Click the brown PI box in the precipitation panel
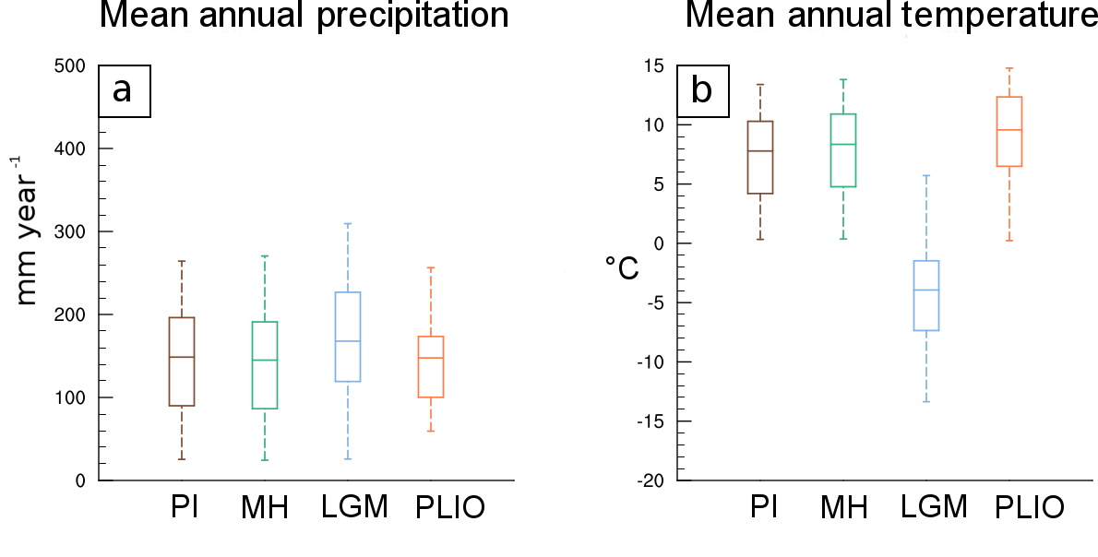[182, 361]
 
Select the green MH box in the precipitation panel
[265, 364]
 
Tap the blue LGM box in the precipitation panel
[348, 337]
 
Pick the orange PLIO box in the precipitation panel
[431, 367]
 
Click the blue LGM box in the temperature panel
[926, 295]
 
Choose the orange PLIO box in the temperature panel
[1009, 132]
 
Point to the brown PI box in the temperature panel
[760, 157]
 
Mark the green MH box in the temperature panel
[843, 150]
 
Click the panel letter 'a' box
[125, 90]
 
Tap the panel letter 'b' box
[704, 90]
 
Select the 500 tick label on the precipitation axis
[70, 65]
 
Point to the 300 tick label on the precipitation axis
[70, 231]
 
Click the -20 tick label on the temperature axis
[650, 480]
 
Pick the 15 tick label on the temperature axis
[654, 65]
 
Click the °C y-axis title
[622, 268]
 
